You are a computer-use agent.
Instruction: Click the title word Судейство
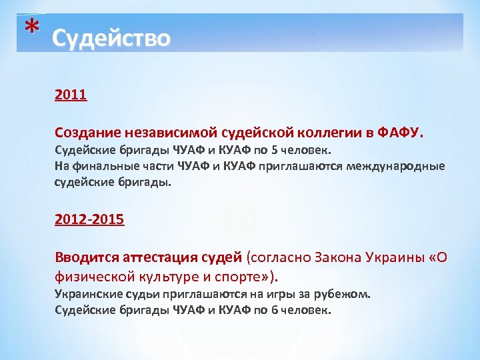pyautogui.click(x=111, y=38)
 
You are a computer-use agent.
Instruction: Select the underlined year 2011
pyautogui.click(x=71, y=95)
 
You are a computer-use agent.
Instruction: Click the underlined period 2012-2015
pyautogui.click(x=89, y=219)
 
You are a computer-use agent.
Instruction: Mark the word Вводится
pyautogui.click(x=84, y=257)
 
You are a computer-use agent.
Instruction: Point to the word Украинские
pyautogui.click(x=89, y=294)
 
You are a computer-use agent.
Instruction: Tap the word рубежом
pyautogui.click(x=343, y=294)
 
